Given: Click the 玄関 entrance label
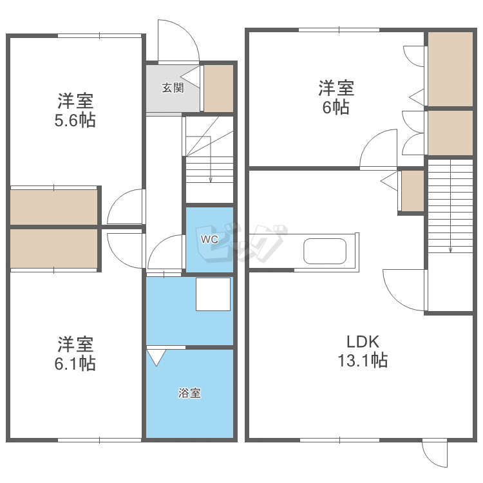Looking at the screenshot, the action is click(x=173, y=88).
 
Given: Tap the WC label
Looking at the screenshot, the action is click(x=209, y=240).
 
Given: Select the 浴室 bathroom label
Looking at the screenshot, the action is click(x=189, y=393).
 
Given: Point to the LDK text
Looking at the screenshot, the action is click(x=363, y=341).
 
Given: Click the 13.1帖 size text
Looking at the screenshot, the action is click(x=363, y=361).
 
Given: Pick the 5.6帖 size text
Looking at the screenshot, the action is click(x=75, y=120).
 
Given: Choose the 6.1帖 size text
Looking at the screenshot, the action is click(x=75, y=363).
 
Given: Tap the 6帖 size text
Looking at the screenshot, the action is click(x=336, y=108).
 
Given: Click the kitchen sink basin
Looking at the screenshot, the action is click(x=325, y=251).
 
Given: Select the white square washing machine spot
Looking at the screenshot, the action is click(x=213, y=294).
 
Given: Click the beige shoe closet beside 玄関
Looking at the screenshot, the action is click(x=219, y=88).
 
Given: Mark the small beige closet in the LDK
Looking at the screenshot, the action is click(x=413, y=191).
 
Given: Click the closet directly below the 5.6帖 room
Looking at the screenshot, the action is click(x=54, y=207).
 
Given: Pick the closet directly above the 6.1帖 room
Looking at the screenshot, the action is click(x=54, y=249).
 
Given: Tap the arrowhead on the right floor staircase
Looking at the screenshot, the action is click(x=450, y=250).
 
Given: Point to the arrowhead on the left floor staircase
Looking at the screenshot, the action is click(x=211, y=180).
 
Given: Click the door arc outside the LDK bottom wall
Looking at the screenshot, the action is click(x=431, y=459).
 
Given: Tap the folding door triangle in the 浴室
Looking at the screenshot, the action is click(x=156, y=357).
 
